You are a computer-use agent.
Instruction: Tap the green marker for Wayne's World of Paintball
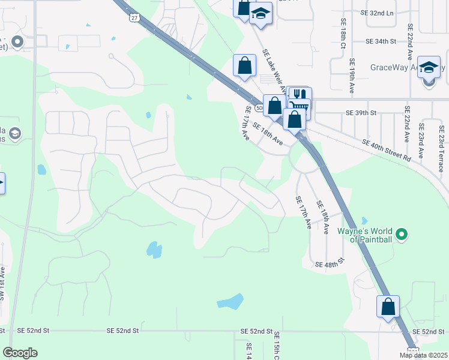tap(402, 233)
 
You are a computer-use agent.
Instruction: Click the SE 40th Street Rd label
tap(386, 149)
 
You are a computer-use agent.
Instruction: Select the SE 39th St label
tap(361, 113)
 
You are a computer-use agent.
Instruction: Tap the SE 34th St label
tap(382, 41)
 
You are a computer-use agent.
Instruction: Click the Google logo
tap(20, 353)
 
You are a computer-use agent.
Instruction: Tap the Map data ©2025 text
tap(423, 355)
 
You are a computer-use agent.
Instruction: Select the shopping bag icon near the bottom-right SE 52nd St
tap(388, 306)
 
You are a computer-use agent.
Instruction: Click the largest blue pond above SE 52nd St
tap(231, 301)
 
